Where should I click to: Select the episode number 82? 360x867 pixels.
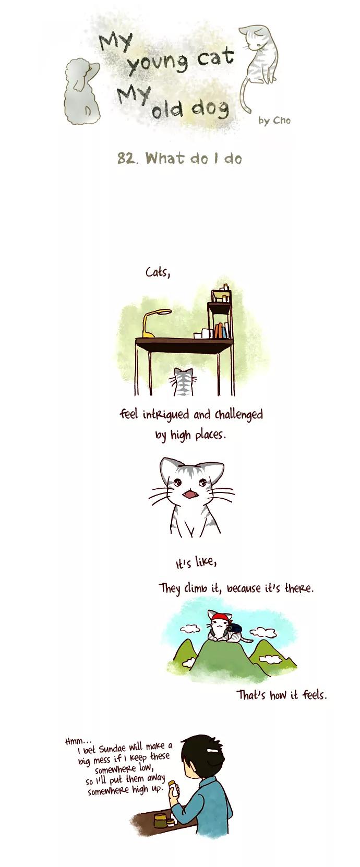(127, 158)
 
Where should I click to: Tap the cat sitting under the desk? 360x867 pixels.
(184, 382)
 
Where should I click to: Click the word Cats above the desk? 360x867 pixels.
(158, 272)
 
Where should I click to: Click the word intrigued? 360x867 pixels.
(166, 415)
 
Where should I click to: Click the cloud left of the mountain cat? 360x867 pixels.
(190, 630)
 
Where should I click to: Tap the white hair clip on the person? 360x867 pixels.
(213, 750)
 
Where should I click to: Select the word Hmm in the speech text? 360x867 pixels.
(73, 741)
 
